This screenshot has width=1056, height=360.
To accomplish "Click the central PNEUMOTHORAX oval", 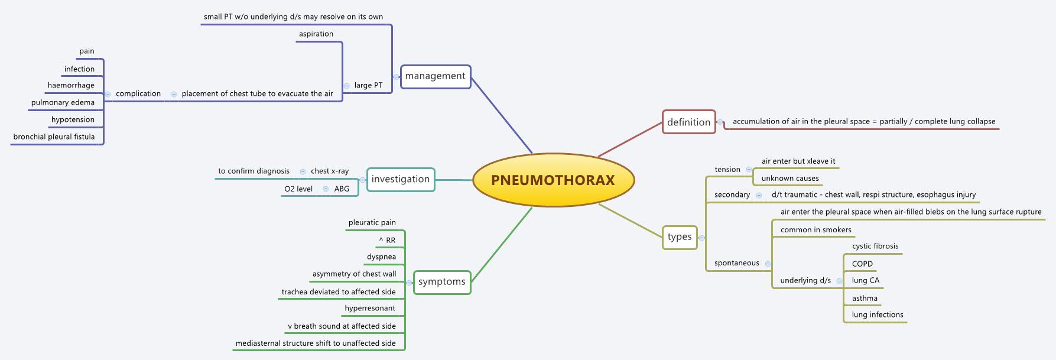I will [553, 180].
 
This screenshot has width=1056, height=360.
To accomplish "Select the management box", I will [436, 76].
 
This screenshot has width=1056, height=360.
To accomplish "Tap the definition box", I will [688, 122].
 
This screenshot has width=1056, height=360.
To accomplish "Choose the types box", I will [680, 237].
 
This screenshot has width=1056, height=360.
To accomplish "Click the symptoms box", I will [441, 282].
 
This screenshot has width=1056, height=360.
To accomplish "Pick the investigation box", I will [400, 179].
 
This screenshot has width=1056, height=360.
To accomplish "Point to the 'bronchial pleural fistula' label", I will [54, 137].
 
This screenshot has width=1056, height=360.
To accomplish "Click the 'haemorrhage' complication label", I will [71, 85].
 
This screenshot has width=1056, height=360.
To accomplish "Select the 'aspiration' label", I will [316, 34].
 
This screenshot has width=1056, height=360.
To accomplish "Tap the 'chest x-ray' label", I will [330, 171].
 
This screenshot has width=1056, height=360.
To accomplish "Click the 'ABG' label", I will [342, 189].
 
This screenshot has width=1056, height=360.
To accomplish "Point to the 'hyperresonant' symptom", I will [370, 308].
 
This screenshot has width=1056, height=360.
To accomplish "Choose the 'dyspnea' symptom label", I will [381, 257].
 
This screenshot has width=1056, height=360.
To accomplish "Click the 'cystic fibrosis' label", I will [875, 246].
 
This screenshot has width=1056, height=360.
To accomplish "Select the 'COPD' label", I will [862, 264].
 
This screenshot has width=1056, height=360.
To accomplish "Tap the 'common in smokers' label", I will [815, 229].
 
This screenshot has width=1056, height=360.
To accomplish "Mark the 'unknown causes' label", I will [790, 178].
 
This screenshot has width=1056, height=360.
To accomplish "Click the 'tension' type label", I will [727, 169].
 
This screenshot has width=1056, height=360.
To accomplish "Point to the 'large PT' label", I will [368, 85].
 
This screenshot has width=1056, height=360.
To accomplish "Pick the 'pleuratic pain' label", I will [372, 222].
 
